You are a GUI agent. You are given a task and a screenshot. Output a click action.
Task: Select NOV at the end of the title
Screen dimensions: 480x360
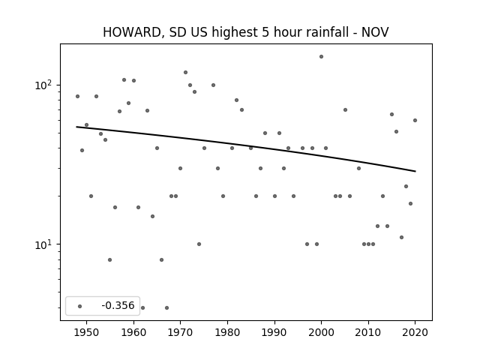pyautogui.click(x=375, y=32)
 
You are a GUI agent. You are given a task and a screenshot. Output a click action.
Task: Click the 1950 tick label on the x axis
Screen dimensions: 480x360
pyautogui.click(x=87, y=332)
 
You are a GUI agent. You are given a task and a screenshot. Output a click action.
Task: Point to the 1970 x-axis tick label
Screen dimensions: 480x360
pyautogui.click(x=180, y=332)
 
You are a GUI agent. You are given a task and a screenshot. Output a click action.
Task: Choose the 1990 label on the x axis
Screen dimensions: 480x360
pyautogui.click(x=274, y=332)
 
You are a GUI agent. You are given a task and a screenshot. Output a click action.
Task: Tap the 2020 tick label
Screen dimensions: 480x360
pyautogui.click(x=415, y=332)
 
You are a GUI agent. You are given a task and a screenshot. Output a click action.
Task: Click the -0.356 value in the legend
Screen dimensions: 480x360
pyautogui.click(x=118, y=305)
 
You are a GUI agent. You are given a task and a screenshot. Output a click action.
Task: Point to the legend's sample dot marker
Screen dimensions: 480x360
pyautogui.click(x=80, y=306)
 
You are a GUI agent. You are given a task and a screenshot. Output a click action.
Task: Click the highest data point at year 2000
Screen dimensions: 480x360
pyautogui.click(x=321, y=57)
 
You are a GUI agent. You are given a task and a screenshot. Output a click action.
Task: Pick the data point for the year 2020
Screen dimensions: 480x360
pyautogui.click(x=415, y=120)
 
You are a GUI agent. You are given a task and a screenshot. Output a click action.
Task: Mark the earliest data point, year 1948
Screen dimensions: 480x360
pyautogui.click(x=77, y=97)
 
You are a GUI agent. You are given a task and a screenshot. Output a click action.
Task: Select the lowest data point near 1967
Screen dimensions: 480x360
pyautogui.click(x=166, y=307)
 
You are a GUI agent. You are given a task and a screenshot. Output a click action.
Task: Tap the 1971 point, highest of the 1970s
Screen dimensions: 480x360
pyautogui.click(x=185, y=73)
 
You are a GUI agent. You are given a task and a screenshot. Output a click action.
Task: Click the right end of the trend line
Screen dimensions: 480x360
pyautogui.click(x=415, y=171)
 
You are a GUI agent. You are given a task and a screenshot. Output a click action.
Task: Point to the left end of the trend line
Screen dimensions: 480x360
pyautogui.click(x=76, y=127)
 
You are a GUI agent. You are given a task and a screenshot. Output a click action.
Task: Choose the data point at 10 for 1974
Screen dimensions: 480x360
pyautogui.click(x=199, y=244)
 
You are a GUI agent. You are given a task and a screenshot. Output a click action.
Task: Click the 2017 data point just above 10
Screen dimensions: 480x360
pyautogui.click(x=402, y=237)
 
